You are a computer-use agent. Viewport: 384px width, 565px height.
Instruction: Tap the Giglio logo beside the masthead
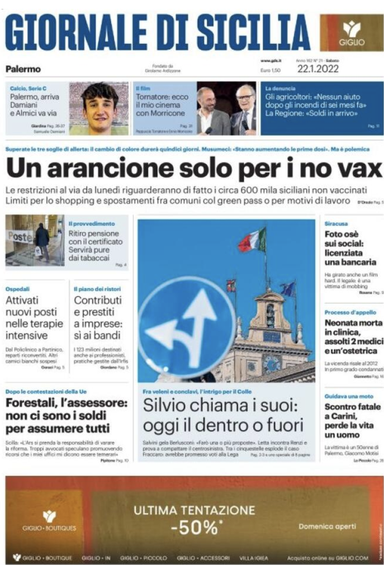pos(351,33)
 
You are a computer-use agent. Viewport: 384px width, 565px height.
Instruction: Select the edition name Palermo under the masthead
pos(23,69)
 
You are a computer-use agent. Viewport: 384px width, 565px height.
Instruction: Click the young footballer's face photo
pos(99,107)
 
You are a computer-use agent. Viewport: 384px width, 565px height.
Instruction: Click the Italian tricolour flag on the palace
pos(253,240)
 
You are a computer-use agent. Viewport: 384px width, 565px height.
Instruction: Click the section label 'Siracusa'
pos(336,222)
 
